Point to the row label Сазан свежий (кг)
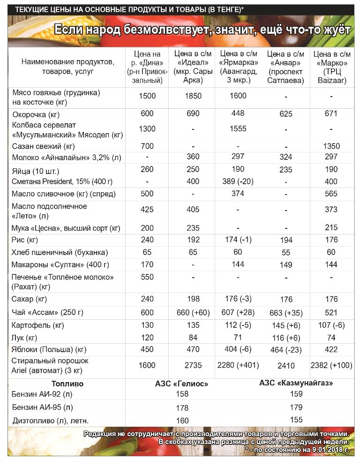click(44, 146)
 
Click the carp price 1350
click(331, 146)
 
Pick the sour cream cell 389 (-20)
click(238, 181)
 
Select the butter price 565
click(331, 194)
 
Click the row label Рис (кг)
click(25, 240)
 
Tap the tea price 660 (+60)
click(193, 313)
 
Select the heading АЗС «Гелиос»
click(181, 384)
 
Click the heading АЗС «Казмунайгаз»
click(296, 383)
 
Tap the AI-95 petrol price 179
click(296, 407)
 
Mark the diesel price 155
click(296, 420)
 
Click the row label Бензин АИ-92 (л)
click(42, 394)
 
